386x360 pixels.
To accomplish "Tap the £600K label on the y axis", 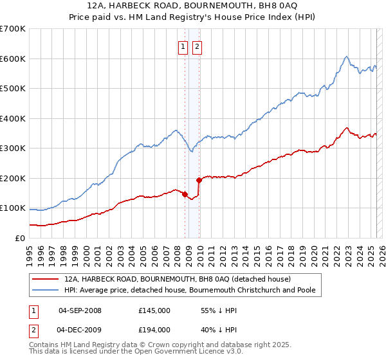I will [13, 59].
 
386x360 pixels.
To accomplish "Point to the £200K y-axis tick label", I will [13, 178].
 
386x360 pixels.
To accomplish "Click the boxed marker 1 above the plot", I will [183, 46].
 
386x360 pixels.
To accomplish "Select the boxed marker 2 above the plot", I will [196, 46].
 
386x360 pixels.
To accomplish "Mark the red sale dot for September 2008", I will [185, 194].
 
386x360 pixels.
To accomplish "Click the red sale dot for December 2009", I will [199, 180].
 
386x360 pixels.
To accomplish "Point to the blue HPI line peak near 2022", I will [346, 57].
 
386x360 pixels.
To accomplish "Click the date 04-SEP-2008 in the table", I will [80, 310].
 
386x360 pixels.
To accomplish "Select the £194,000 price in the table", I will [154, 329].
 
